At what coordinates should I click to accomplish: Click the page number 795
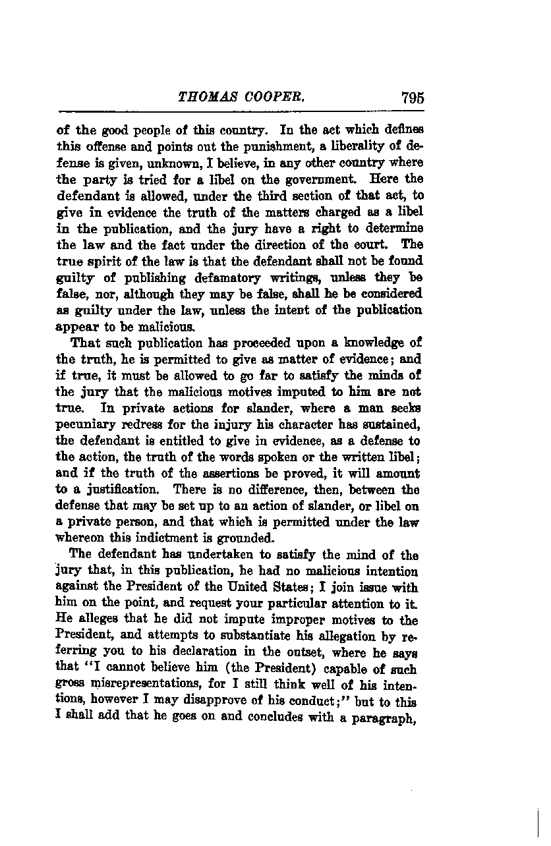(412, 98)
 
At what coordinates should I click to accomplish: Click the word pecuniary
(85, 425)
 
